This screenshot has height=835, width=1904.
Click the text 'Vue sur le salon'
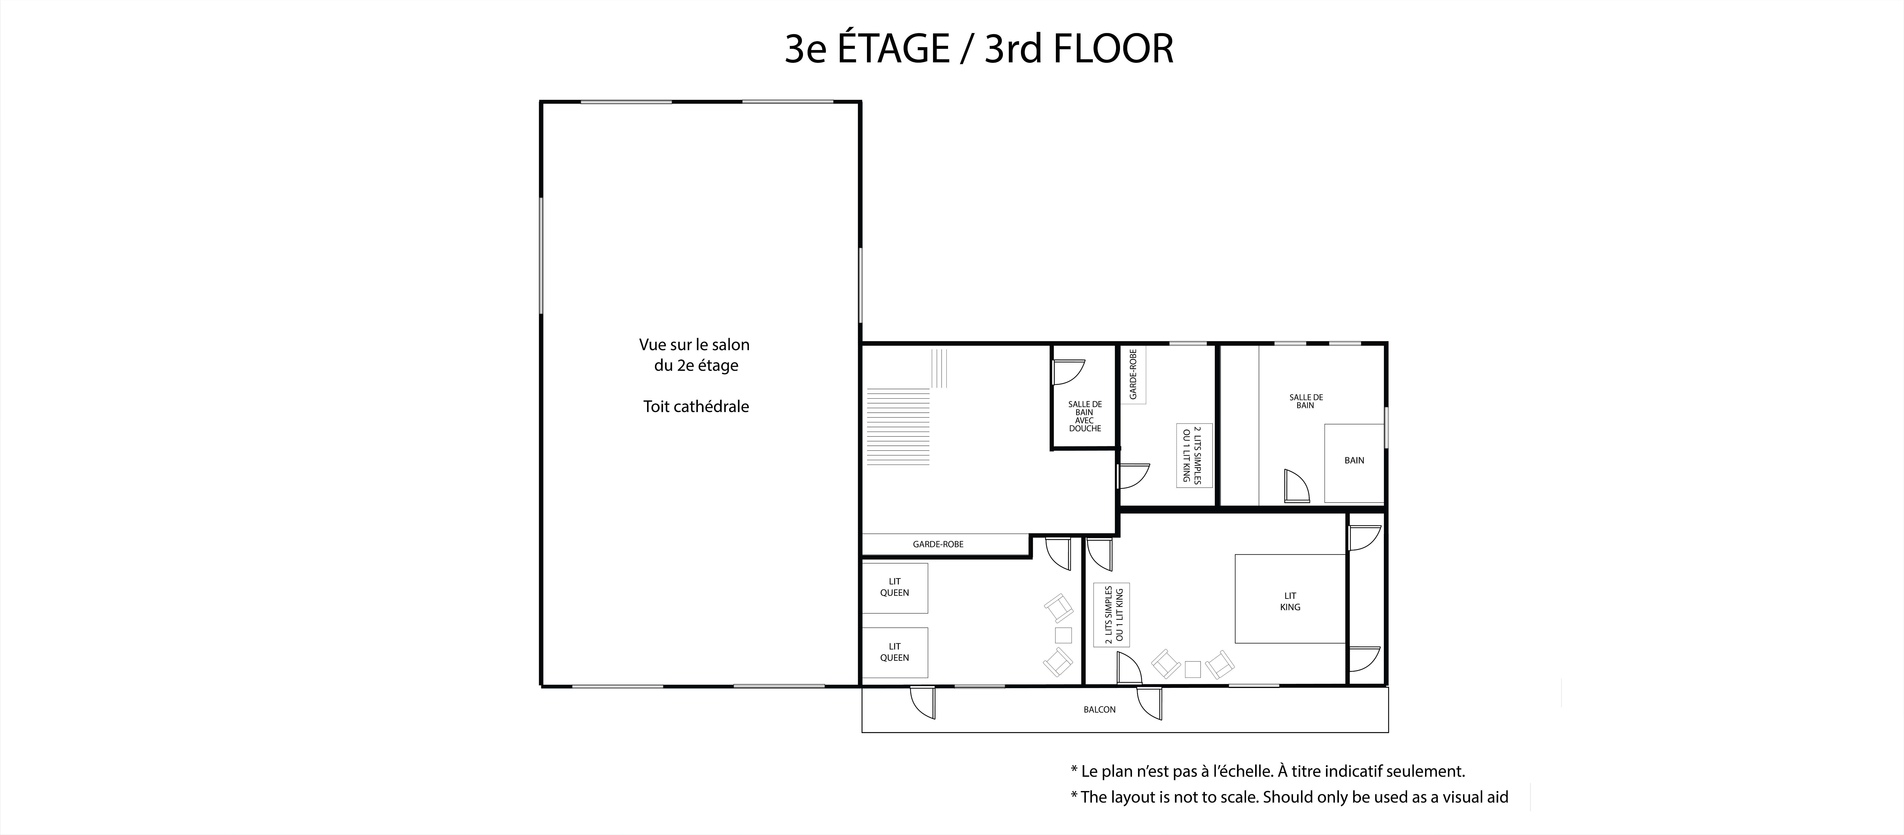tap(694, 345)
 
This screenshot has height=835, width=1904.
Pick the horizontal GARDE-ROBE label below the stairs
tap(938, 544)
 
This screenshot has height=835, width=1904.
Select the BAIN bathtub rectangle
tap(1354, 463)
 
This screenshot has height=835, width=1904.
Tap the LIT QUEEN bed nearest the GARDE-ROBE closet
tap(894, 587)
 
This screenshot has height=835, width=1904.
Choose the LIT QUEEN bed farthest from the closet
tap(894, 652)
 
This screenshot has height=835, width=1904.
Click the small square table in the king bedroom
tap(1192, 669)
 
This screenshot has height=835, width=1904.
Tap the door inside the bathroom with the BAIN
tap(1297, 487)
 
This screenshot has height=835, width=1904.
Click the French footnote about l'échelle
tap(1268, 771)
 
